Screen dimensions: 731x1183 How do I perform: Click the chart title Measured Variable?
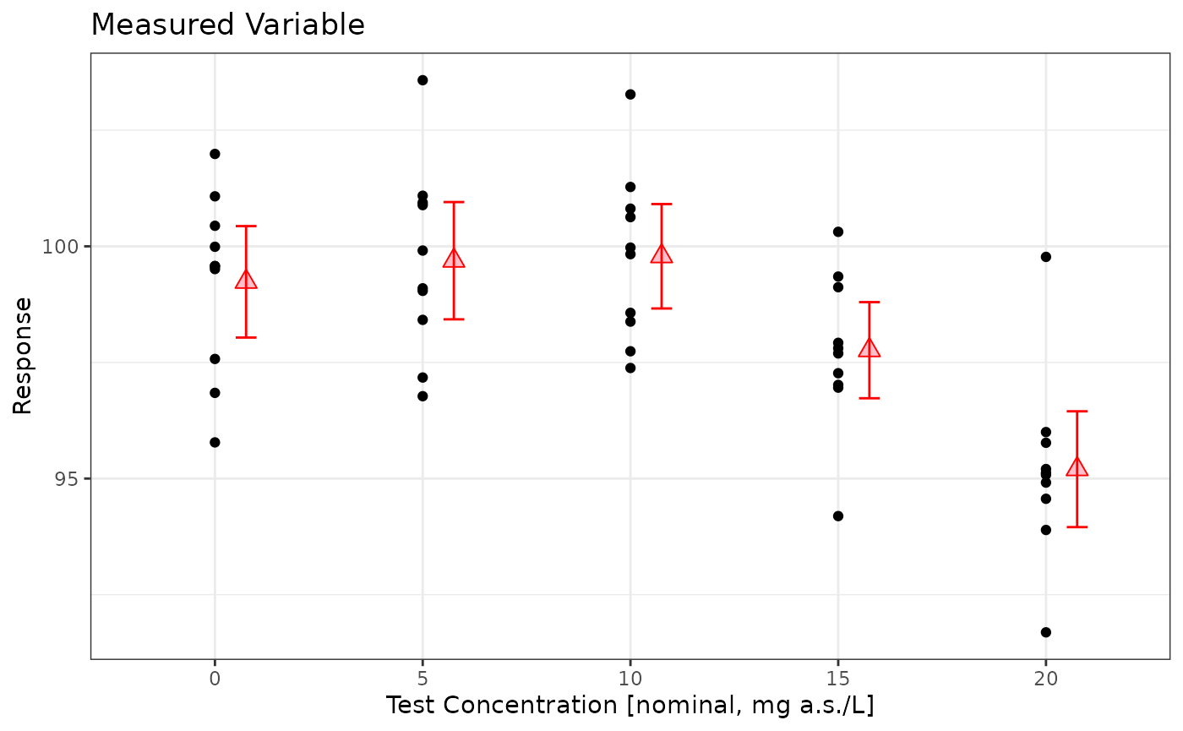tap(227, 25)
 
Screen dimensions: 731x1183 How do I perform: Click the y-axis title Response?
tap(23, 356)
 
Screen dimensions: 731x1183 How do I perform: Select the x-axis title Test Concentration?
tap(630, 705)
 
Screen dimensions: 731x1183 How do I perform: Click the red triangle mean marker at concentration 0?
tap(246, 280)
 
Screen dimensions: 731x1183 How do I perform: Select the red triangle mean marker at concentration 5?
tap(454, 259)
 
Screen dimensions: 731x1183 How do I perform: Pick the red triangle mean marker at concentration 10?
tap(662, 254)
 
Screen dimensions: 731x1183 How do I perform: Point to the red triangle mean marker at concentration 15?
tap(869, 348)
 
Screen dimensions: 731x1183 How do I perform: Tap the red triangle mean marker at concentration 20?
tap(1077, 467)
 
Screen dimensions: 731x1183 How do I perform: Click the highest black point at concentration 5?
tap(422, 80)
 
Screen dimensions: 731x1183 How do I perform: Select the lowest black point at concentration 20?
tap(1046, 632)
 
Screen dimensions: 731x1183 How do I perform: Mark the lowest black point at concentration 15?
tap(838, 516)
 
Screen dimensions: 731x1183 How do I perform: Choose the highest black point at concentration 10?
tap(630, 94)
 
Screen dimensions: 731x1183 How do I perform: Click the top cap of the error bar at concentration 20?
tap(1077, 412)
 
